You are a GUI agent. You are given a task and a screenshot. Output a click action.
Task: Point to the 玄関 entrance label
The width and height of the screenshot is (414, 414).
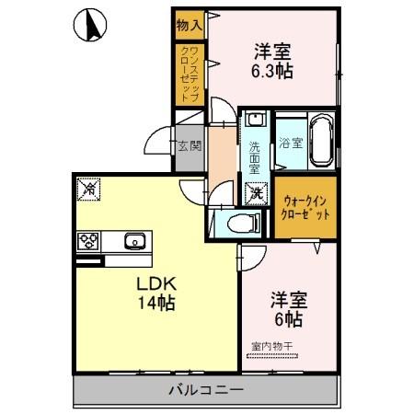click(189, 144)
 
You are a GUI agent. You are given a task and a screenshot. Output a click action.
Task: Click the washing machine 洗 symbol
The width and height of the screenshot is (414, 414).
click(257, 193)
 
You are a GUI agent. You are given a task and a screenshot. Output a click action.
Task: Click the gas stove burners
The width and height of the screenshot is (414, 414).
click(89, 242)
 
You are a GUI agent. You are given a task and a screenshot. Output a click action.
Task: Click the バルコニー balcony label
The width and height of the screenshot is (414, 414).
click(206, 390)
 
